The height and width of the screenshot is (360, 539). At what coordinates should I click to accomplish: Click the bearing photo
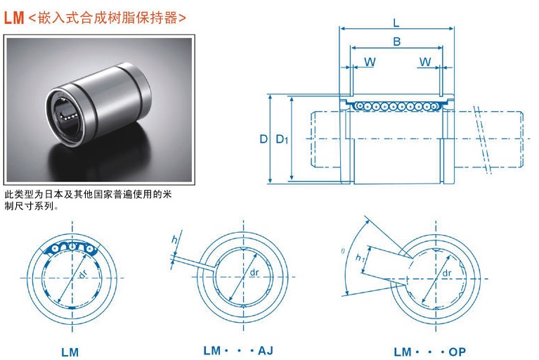click(x=98, y=110)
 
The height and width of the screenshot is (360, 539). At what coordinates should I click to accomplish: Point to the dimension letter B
click(x=397, y=42)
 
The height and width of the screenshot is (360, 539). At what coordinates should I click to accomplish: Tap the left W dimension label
click(x=370, y=62)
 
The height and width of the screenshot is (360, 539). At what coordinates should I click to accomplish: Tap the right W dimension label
click(x=425, y=62)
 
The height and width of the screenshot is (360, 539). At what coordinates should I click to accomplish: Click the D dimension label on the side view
click(x=264, y=139)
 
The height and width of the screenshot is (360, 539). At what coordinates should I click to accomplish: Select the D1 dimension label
click(x=281, y=139)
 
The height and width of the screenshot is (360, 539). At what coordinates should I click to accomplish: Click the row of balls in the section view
click(x=396, y=105)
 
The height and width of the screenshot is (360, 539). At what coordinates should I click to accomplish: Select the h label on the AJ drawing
click(x=175, y=240)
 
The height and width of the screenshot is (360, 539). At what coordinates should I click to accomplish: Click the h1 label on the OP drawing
click(x=361, y=258)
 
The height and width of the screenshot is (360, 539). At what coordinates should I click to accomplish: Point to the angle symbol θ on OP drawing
click(x=343, y=250)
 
